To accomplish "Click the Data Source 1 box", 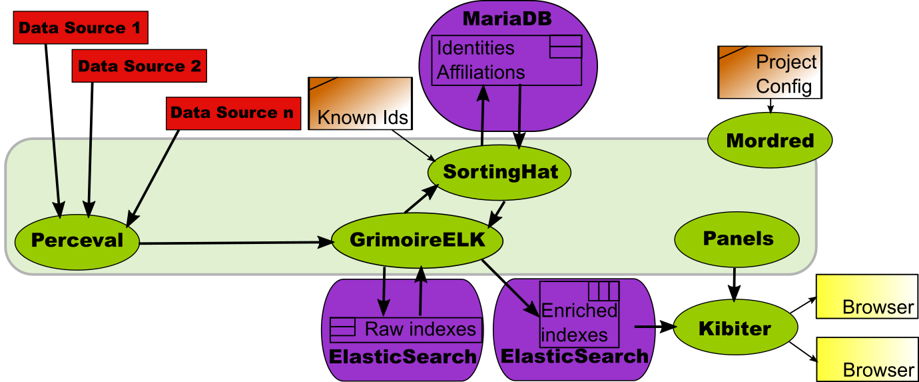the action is pyautogui.click(x=81, y=27).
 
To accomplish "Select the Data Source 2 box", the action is pyautogui.click(x=139, y=66).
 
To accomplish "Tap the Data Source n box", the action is pyautogui.click(x=234, y=113).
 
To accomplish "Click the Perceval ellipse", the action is pyautogui.click(x=77, y=242).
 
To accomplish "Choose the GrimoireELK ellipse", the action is pyautogui.click(x=418, y=240).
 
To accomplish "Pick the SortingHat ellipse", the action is pyautogui.click(x=499, y=173).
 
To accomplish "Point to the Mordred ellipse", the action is pyautogui.click(x=770, y=140).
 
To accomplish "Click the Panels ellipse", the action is pyautogui.click(x=737, y=239).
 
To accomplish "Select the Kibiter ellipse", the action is pyautogui.click(x=736, y=327).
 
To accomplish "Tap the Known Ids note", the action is pyautogui.click(x=360, y=103).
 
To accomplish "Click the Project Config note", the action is pyautogui.click(x=770, y=72).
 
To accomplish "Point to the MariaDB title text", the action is pyautogui.click(x=507, y=19).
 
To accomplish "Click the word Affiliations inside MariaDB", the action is pyautogui.click(x=481, y=72).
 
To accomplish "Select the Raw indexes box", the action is pyautogui.click(x=406, y=330).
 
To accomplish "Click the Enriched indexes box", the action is pyautogui.click(x=579, y=315).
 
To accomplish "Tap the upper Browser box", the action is pyautogui.click(x=867, y=297).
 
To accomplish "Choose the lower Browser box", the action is pyautogui.click(x=867, y=359).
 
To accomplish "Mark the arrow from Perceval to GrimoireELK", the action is pyautogui.click(x=236, y=243).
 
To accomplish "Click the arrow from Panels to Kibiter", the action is pyautogui.click(x=734, y=284).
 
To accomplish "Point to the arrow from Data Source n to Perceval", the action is pyautogui.click(x=153, y=178).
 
